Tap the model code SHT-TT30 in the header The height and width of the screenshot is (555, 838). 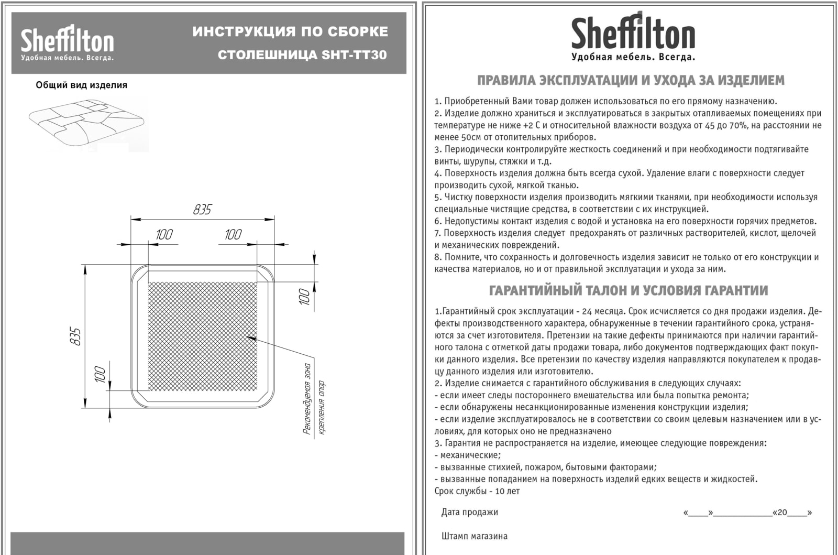(354, 55)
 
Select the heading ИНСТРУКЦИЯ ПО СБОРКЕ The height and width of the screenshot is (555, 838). (290, 31)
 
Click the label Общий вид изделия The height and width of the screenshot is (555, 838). (81, 85)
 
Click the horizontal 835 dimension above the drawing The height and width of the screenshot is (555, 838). (202, 210)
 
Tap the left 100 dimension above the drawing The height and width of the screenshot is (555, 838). (164, 234)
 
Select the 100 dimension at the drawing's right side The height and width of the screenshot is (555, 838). (304, 297)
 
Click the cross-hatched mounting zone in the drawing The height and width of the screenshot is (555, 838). (203, 336)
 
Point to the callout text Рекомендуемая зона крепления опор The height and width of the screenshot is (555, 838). (314, 399)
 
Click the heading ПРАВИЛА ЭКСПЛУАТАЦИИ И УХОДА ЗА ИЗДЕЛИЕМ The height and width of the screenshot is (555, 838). (631, 81)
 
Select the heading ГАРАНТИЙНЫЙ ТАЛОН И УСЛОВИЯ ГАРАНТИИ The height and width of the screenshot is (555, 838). (629, 290)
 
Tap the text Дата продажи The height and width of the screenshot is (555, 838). (469, 512)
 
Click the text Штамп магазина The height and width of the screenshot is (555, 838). (474, 536)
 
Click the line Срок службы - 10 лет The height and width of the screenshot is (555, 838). (477, 491)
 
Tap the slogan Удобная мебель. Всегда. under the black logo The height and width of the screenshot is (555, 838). (633, 57)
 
